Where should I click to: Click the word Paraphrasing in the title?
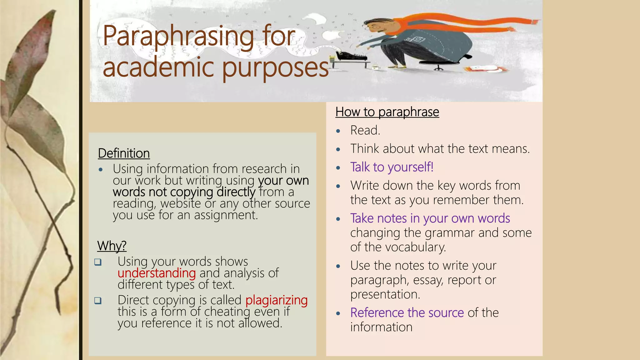tap(178, 37)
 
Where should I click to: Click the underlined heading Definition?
tap(124, 153)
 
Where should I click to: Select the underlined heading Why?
tap(112, 246)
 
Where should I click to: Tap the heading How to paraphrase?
tap(387, 112)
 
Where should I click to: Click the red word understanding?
tap(157, 273)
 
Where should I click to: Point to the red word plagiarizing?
tap(277, 300)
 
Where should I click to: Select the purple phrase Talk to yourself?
tap(392, 167)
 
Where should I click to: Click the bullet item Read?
tap(365, 130)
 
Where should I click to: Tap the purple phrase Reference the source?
tap(407, 313)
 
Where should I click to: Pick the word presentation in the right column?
tap(385, 294)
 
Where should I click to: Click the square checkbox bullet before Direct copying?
tap(98, 301)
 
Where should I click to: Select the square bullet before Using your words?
tap(98, 262)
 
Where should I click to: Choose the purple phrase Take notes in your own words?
tap(430, 218)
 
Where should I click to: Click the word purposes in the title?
tap(275, 68)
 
